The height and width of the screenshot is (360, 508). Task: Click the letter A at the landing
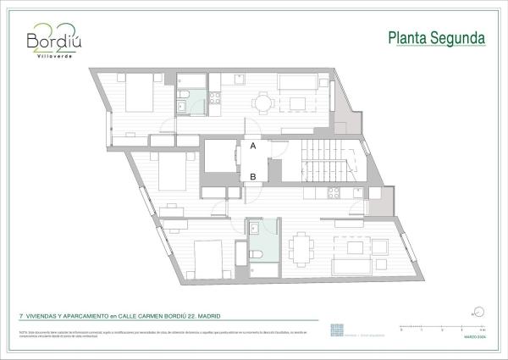pyautogui.click(x=253, y=146)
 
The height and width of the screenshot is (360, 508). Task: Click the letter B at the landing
pyautogui.click(x=253, y=177)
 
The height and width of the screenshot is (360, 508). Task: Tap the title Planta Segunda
pyautogui.click(x=436, y=38)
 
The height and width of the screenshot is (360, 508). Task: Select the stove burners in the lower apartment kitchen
pyautogui.click(x=334, y=191)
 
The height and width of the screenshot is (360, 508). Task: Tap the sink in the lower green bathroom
pyautogui.click(x=255, y=228)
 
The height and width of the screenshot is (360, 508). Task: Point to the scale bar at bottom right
pyautogui.click(x=441, y=327)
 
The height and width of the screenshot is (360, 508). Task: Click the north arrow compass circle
pyautogui.click(x=478, y=312)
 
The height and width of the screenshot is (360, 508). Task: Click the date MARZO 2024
pyautogui.click(x=472, y=336)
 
